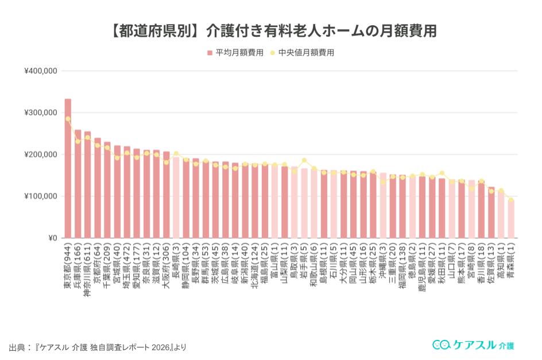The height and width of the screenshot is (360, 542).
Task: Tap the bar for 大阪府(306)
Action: click(x=167, y=195)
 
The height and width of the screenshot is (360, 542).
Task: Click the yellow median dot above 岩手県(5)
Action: click(x=304, y=161)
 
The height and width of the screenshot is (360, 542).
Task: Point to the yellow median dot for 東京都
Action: click(x=68, y=119)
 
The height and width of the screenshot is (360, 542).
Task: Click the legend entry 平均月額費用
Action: click(x=235, y=52)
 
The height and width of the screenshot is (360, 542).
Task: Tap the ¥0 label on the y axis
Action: click(x=52, y=238)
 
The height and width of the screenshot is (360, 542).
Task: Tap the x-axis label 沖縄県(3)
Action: click(x=383, y=264)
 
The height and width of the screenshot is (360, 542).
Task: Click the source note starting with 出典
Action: click(x=98, y=347)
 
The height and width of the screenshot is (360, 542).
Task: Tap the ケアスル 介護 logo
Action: click(x=473, y=344)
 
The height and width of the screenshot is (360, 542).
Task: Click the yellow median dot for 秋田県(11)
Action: click(x=442, y=173)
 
